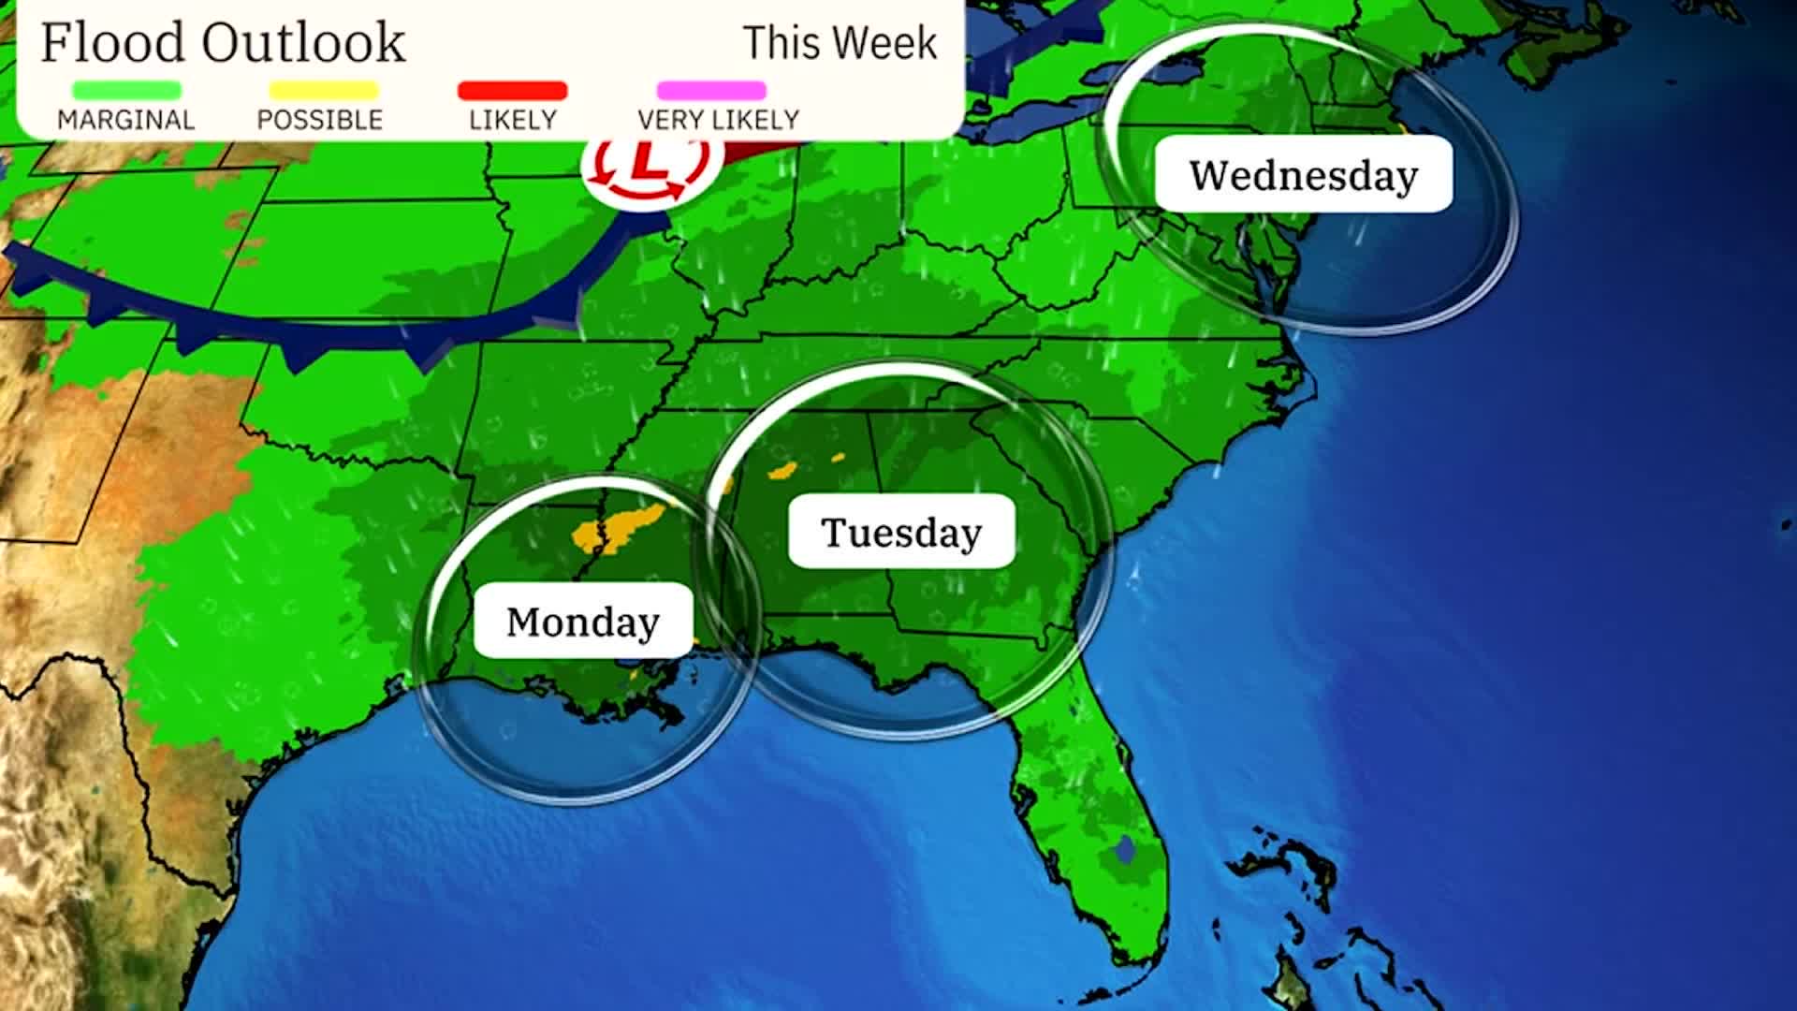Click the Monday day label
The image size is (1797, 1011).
(583, 622)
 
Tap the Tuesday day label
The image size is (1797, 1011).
(901, 532)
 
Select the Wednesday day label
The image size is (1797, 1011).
(1303, 174)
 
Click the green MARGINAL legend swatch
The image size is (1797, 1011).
(126, 91)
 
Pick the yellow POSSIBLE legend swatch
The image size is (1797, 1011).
(324, 91)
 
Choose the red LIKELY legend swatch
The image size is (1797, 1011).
(512, 91)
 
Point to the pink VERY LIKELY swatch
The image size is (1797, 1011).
(711, 91)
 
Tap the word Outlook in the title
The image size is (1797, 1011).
(303, 43)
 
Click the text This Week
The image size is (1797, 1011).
(840, 43)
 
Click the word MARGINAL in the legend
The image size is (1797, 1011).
(126, 120)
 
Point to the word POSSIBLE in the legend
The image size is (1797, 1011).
(320, 120)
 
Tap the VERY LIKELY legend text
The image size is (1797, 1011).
(718, 120)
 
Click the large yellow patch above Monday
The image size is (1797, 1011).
(621, 530)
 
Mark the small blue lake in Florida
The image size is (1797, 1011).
(1124, 849)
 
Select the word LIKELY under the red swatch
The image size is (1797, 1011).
(513, 120)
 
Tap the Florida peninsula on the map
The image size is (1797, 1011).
(1095, 796)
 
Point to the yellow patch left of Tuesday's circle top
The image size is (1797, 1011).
(782, 471)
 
